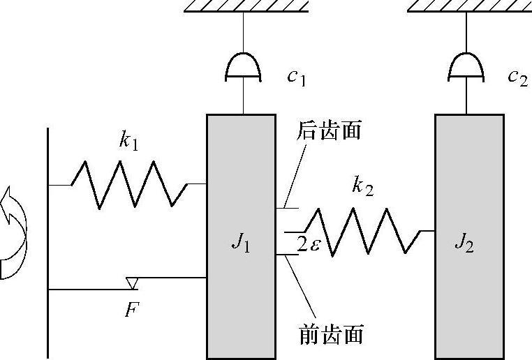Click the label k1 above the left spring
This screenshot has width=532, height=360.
(x=128, y=142)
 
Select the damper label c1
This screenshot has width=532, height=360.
(x=296, y=77)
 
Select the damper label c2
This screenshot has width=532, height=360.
(x=517, y=77)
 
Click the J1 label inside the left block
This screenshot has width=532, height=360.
(x=239, y=245)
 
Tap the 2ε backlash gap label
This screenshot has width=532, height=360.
(x=308, y=245)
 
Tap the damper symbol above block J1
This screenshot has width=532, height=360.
(x=243, y=68)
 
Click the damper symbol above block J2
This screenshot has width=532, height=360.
(x=466, y=68)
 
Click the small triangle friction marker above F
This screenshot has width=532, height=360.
(x=131, y=283)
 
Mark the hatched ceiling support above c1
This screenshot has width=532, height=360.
(x=246, y=6)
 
